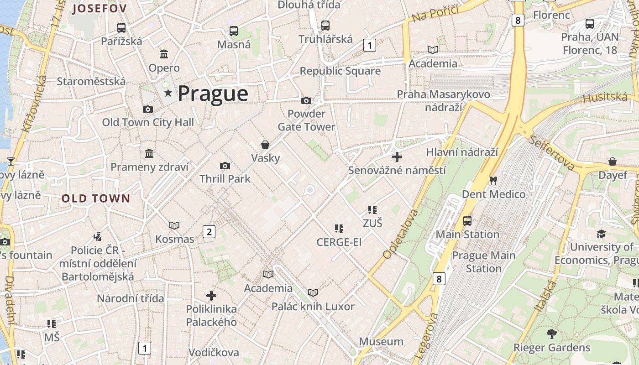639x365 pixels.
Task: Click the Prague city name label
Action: pos(213,93)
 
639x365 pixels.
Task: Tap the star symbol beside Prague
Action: pos(168,93)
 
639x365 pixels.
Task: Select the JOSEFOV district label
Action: pos(99,8)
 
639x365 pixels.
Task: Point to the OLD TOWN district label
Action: pos(96,198)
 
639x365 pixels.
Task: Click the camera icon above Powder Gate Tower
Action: pos(306,100)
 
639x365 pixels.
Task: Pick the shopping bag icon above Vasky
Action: pos(265,145)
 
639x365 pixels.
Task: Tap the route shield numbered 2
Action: pos(209,232)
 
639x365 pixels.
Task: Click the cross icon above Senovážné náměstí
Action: pos(397,157)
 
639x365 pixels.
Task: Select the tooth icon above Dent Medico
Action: pos(493,180)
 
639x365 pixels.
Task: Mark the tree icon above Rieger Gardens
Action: pos(552,334)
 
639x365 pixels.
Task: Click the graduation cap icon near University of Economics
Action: pos(601,234)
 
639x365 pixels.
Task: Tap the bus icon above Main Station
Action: pos(467,221)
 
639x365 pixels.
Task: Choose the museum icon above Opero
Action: pos(164,55)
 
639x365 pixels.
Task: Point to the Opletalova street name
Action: pos(395,235)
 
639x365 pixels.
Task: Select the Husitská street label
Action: pos(605,97)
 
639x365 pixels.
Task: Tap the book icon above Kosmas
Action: pos(174,225)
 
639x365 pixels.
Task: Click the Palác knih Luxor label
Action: pos(313,306)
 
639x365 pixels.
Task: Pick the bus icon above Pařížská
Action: pos(121,27)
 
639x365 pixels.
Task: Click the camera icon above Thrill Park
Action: pos(225,166)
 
